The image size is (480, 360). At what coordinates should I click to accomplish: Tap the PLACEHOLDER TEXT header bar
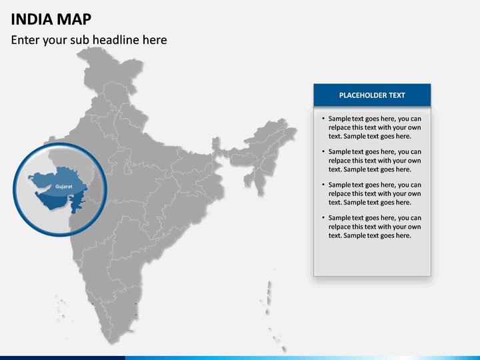pos(372,95)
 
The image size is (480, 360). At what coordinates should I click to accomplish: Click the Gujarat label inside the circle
pos(64,186)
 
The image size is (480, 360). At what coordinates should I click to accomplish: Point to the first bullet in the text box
pos(323,119)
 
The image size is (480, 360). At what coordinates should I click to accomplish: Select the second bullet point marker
pos(323,152)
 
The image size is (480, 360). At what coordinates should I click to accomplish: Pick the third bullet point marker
pos(323,185)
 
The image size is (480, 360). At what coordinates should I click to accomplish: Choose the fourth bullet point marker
pos(323,218)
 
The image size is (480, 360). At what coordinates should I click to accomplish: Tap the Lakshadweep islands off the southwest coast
pos(61,307)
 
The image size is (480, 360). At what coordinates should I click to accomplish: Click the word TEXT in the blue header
pos(397,95)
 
